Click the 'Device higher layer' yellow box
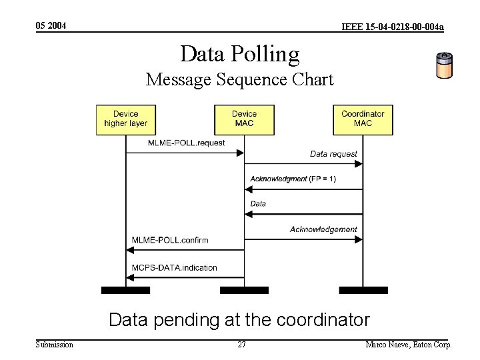(x=125, y=119)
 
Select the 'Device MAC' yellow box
(x=244, y=119)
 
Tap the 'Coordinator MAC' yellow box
(x=363, y=119)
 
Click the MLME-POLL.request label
(x=186, y=143)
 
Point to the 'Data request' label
(x=333, y=154)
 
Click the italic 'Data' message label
(x=258, y=203)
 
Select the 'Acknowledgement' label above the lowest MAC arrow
(x=323, y=229)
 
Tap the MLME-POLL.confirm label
(x=170, y=240)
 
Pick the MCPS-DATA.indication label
(x=175, y=267)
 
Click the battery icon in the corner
(x=444, y=65)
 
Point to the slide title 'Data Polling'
(x=240, y=53)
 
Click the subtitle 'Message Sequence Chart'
(x=240, y=79)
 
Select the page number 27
(x=242, y=345)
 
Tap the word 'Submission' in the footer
(x=54, y=345)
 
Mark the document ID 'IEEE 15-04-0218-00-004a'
(x=392, y=27)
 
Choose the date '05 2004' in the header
(x=51, y=26)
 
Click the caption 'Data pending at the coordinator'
(x=239, y=320)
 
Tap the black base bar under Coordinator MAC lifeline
(x=363, y=290)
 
